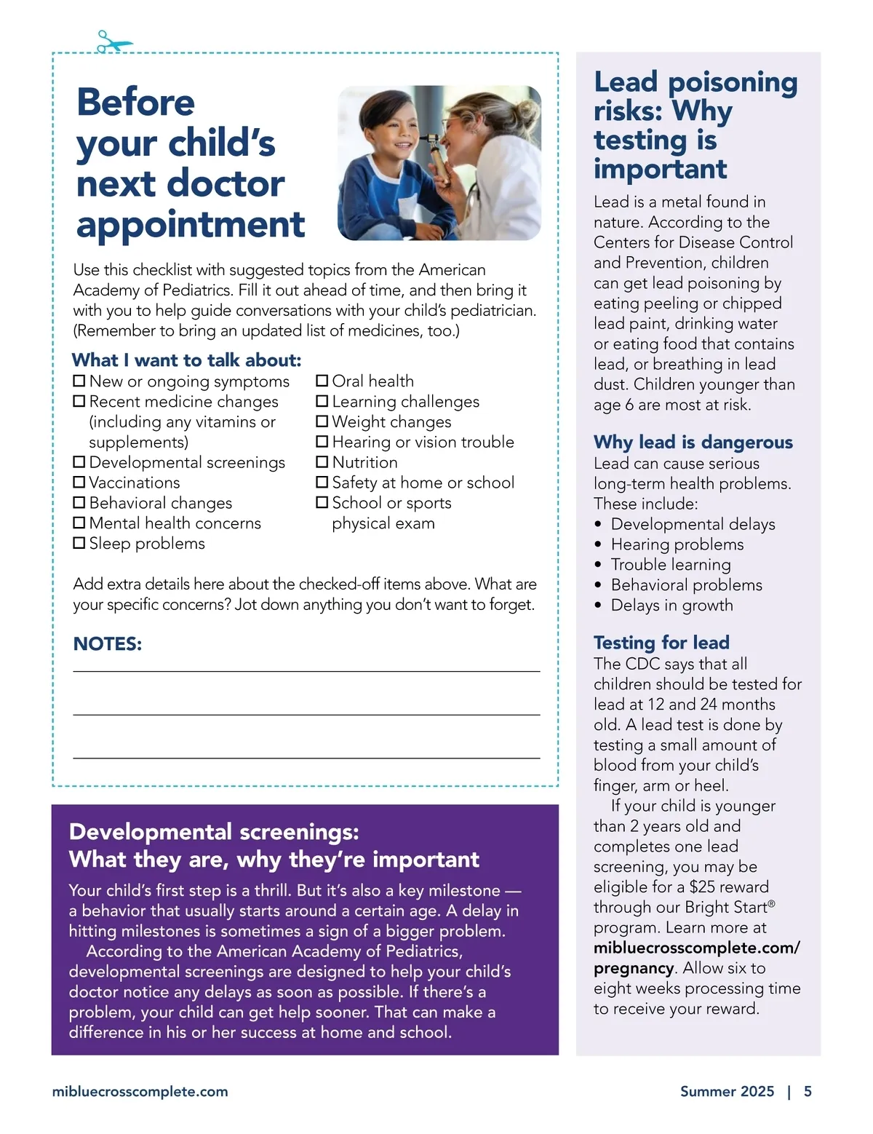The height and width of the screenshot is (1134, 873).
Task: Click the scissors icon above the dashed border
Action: click(113, 41)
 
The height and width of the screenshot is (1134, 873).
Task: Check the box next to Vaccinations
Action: click(79, 483)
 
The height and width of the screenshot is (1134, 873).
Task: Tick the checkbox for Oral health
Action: click(322, 381)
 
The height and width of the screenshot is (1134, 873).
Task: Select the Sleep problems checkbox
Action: click(79, 543)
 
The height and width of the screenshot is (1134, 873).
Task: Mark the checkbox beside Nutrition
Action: click(322, 462)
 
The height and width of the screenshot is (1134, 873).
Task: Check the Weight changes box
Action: click(322, 421)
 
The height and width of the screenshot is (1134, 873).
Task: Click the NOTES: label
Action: click(108, 644)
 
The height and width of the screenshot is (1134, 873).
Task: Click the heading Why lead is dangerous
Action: click(693, 442)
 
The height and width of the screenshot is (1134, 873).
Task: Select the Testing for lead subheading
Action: click(661, 642)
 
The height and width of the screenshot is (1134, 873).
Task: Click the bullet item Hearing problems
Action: click(677, 544)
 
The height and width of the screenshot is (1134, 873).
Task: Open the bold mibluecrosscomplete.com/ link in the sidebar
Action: click(696, 948)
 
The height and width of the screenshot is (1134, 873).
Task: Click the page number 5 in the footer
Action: click(808, 1091)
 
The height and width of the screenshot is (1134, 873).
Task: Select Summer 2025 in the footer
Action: click(727, 1091)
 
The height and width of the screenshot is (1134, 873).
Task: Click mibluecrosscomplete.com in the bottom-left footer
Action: click(140, 1091)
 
